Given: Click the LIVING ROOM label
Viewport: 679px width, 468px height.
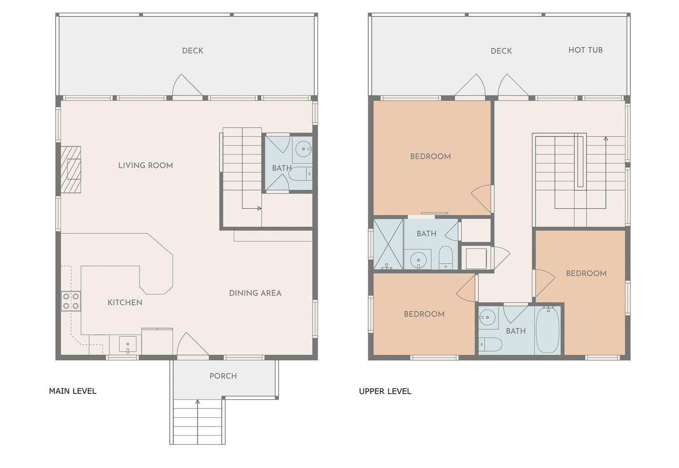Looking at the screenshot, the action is click(x=145, y=165).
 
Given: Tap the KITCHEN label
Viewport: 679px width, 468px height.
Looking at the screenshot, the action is click(x=125, y=302).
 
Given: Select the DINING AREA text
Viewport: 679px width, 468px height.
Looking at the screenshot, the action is click(x=255, y=293).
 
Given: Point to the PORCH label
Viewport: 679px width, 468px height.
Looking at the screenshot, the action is click(x=223, y=376).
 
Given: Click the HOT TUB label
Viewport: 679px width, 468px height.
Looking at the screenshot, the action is click(x=585, y=50).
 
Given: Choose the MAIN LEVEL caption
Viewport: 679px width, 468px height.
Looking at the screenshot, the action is click(x=73, y=391).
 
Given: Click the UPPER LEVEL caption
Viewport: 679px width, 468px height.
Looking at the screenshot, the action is click(x=385, y=391).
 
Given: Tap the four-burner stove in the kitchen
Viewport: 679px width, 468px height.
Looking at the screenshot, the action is click(x=71, y=301).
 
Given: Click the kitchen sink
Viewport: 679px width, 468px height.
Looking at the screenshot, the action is click(x=128, y=345).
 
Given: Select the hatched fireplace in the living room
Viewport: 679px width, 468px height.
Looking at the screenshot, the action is click(x=71, y=170).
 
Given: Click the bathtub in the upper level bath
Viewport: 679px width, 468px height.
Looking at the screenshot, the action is click(x=548, y=330).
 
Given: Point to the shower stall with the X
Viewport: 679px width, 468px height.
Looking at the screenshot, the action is click(x=388, y=244).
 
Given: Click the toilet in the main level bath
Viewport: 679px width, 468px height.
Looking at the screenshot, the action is click(x=300, y=174).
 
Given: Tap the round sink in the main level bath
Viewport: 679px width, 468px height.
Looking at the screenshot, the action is click(x=303, y=149).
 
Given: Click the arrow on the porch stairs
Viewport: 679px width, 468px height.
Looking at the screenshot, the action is click(x=198, y=422).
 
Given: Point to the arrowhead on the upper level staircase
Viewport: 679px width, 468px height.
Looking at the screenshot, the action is click(x=606, y=139).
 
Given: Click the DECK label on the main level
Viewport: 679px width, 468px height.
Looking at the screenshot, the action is click(x=193, y=51).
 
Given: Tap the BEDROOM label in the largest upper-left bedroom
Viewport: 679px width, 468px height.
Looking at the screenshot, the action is click(x=430, y=156).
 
